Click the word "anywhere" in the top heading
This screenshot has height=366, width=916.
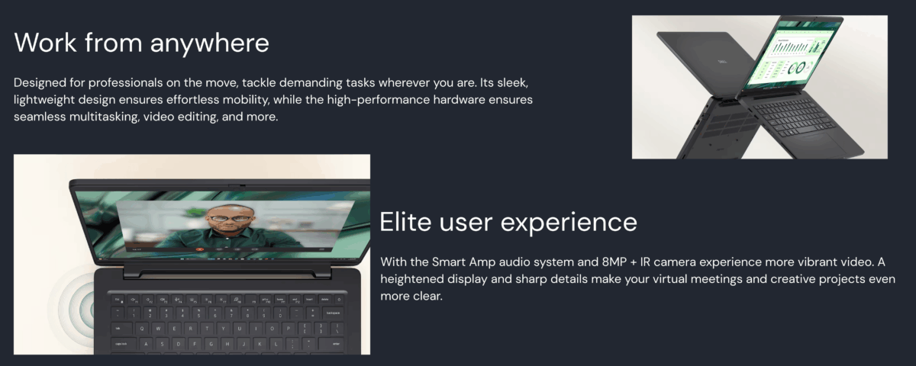(209, 43)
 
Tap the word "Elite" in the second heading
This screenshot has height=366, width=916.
(405, 222)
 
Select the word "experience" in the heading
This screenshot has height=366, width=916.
(569, 223)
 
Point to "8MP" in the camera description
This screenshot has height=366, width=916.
(614, 262)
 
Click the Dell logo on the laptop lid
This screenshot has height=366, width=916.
(722, 62)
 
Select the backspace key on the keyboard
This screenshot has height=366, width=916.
(334, 313)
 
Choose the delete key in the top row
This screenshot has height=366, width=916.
(324, 300)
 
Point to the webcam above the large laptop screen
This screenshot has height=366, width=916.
(243, 185)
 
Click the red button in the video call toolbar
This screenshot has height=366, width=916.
(199, 249)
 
